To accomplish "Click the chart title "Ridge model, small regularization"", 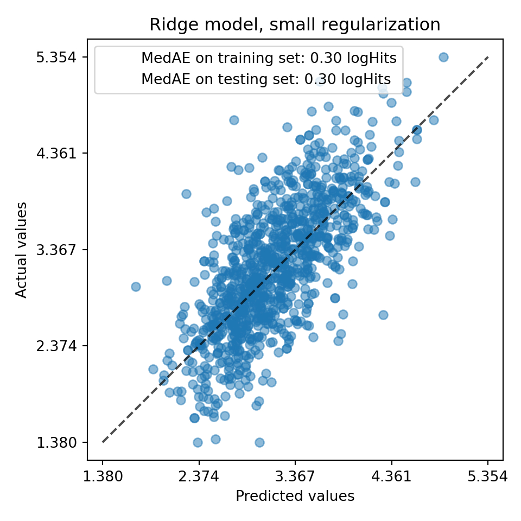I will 295,25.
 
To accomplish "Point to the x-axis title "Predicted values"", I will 295,496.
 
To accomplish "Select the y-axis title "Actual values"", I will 21,250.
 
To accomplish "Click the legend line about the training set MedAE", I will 268,58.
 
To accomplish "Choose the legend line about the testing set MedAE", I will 265,79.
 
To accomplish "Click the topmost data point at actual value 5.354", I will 443,57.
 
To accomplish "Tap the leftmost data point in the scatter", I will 136,287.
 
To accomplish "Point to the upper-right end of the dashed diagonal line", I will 487,57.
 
